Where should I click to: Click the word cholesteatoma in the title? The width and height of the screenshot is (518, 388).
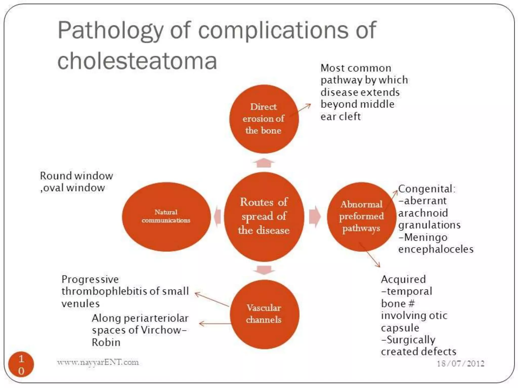tap(137, 61)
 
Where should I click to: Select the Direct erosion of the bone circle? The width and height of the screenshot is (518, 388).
tap(264, 119)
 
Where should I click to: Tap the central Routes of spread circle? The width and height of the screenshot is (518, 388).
tap(264, 216)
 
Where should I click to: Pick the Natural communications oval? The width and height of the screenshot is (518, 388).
tap(166, 216)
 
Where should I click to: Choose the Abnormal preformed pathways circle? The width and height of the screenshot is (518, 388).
tap(361, 216)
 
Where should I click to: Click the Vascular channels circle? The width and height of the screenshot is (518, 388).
tap(264, 314)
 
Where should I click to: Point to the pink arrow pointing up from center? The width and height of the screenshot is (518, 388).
tap(264, 163)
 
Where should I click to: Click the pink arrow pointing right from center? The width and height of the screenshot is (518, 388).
tap(315, 216)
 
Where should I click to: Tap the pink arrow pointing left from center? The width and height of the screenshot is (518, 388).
tap(218, 216)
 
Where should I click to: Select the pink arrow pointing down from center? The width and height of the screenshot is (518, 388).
tap(264, 270)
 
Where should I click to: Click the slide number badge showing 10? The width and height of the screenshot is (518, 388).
tap(21, 364)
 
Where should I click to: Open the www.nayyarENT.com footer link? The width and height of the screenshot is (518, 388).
tap(98, 362)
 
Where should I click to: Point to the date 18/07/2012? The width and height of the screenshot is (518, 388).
tap(460, 363)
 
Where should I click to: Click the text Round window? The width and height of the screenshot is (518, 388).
tap(76, 176)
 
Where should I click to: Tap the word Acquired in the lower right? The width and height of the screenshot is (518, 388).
tap(403, 279)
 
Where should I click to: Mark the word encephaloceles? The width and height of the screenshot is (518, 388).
tap(436, 249)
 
